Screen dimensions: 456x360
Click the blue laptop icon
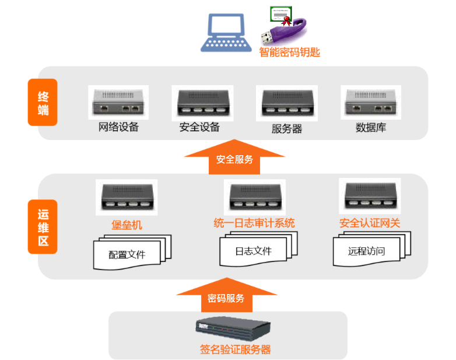226,33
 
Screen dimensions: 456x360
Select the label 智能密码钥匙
289,53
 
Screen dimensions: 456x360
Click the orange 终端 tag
43,102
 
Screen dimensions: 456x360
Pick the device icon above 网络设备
118,102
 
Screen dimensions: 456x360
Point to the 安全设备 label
199,127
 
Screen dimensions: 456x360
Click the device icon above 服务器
287,103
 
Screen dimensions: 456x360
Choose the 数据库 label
371,127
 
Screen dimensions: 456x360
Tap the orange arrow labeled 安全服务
234,157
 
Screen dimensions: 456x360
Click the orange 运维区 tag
43,227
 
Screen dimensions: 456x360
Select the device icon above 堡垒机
127,197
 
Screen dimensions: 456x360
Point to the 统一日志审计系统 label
254,223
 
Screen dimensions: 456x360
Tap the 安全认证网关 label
370,223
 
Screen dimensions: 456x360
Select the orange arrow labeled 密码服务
227,295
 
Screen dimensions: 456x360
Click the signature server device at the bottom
233,328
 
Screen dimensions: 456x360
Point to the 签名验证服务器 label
235,349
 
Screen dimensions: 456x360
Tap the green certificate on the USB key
280,14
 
